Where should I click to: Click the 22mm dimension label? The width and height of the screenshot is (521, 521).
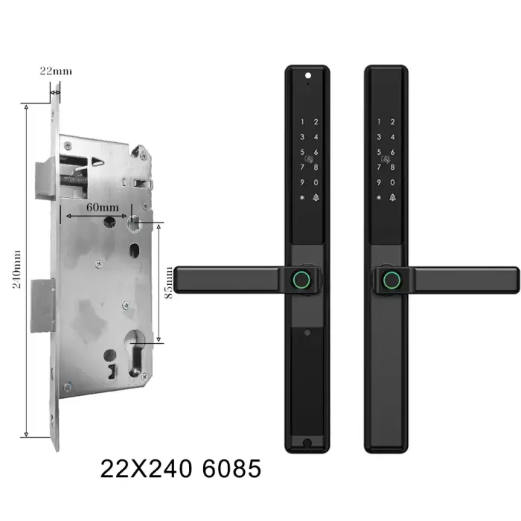[x=56, y=71]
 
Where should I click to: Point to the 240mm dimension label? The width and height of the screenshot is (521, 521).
[x=16, y=269]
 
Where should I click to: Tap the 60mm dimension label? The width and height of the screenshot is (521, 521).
[x=103, y=208]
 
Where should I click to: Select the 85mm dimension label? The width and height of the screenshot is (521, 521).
[x=169, y=282]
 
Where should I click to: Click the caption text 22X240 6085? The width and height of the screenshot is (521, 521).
[x=180, y=468]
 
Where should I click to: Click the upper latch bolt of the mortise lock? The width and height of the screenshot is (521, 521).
[x=45, y=179]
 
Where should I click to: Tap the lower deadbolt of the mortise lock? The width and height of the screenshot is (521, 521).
[x=42, y=306]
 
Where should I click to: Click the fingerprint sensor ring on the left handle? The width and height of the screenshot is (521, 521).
[x=301, y=280]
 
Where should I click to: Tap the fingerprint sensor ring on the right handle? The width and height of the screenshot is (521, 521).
[x=392, y=280]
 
